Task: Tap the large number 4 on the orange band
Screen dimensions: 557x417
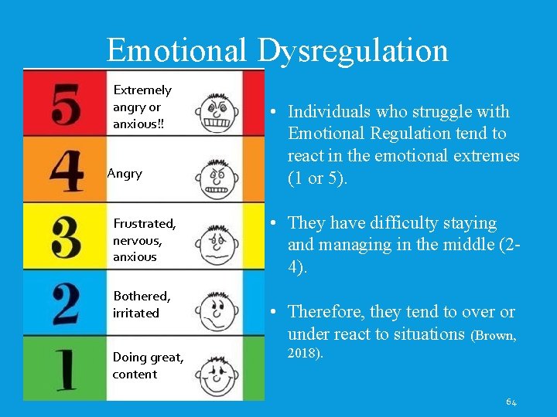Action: click(66, 171)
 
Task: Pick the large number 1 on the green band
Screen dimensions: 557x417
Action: click(66, 368)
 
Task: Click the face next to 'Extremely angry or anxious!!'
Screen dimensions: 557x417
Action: click(217, 114)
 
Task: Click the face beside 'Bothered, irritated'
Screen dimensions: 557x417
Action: click(219, 310)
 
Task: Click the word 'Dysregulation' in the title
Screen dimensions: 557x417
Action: click(353, 51)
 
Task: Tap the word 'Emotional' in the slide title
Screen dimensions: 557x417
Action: click(177, 51)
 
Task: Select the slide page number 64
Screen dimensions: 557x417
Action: click(511, 402)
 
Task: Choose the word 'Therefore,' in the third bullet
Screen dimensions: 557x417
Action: click(326, 312)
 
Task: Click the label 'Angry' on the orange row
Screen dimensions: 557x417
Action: click(125, 174)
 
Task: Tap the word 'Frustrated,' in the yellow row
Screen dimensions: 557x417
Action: click(145, 224)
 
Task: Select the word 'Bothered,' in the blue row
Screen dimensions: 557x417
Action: click(142, 296)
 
